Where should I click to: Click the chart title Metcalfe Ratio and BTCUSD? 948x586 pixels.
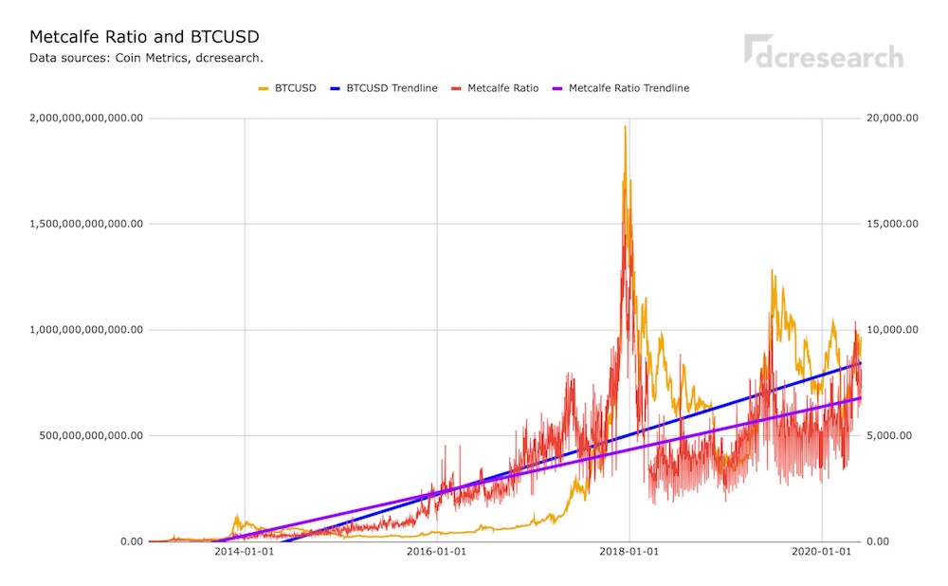[x=144, y=37]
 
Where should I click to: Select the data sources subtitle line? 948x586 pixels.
[x=146, y=58]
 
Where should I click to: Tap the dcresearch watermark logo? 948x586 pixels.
[x=824, y=51]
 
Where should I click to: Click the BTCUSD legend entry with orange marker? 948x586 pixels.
[x=287, y=88]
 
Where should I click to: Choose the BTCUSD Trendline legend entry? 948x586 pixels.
[x=384, y=88]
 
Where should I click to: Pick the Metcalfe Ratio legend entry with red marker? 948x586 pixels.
[x=495, y=88]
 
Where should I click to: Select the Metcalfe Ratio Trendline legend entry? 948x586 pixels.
[x=621, y=88]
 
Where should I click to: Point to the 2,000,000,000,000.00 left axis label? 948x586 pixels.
[x=86, y=118]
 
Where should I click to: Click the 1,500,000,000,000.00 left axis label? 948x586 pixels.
[x=86, y=224]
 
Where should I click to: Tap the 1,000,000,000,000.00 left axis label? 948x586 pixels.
[x=86, y=330]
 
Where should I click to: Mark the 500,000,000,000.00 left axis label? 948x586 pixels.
[x=91, y=435]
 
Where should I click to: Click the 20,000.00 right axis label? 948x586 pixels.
[x=892, y=118]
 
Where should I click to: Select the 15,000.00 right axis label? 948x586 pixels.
[x=892, y=224]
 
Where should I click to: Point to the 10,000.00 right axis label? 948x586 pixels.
[x=892, y=330]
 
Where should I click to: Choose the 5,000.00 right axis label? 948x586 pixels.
[x=889, y=435]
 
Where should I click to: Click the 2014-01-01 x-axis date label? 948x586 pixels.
[x=245, y=552]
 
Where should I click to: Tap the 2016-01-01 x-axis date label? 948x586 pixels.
[x=436, y=552]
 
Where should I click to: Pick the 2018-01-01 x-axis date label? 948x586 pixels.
[x=629, y=552]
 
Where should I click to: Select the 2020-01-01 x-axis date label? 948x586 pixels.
[x=822, y=552]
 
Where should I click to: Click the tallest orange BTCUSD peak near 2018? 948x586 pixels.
[x=625, y=127]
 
